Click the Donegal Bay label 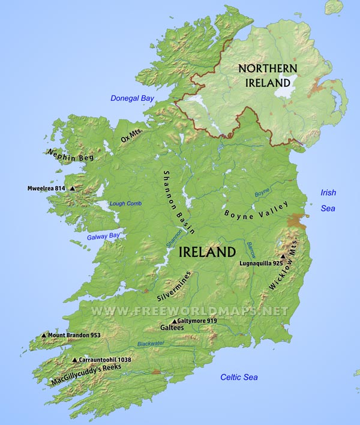click(132, 98)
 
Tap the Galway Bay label click(103, 236)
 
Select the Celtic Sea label click(239, 377)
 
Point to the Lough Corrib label click(125, 203)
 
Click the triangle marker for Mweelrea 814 click(72, 188)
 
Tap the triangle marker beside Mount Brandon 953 click(44, 336)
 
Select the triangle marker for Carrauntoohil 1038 click(74, 360)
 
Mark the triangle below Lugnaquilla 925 click(283, 256)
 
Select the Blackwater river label click(151, 344)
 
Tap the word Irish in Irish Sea click(328, 193)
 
